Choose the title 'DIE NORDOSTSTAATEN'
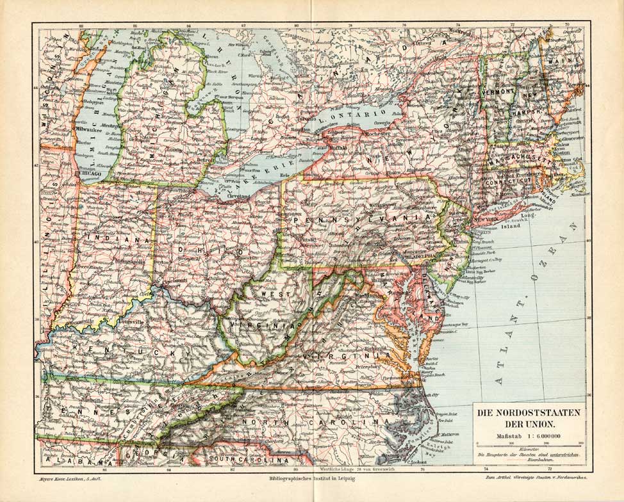coord(529,413)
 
